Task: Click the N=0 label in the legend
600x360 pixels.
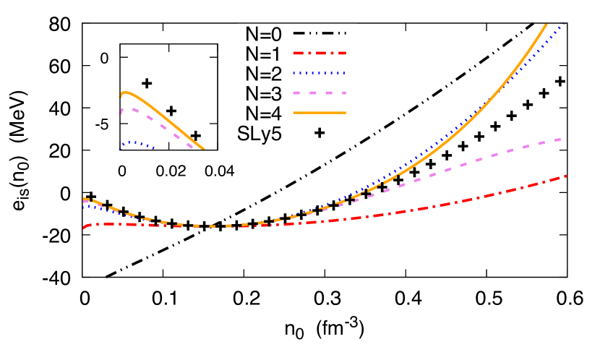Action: point(263,33)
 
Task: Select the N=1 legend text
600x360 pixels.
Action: point(263,53)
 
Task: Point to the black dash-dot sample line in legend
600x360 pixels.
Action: point(320,33)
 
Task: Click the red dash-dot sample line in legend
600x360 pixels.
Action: point(320,53)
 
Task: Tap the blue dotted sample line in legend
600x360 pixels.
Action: point(320,73)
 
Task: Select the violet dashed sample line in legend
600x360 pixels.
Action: point(320,93)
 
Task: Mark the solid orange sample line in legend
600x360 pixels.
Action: point(320,113)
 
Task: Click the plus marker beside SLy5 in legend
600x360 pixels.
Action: point(320,133)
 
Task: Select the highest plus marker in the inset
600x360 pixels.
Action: point(147,83)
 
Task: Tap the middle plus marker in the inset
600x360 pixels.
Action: point(171,111)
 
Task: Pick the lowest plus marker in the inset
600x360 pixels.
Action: point(195,135)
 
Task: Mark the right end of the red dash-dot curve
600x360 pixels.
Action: point(565,176)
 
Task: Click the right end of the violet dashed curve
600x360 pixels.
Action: point(562,138)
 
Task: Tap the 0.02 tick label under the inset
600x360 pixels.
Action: point(171,168)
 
